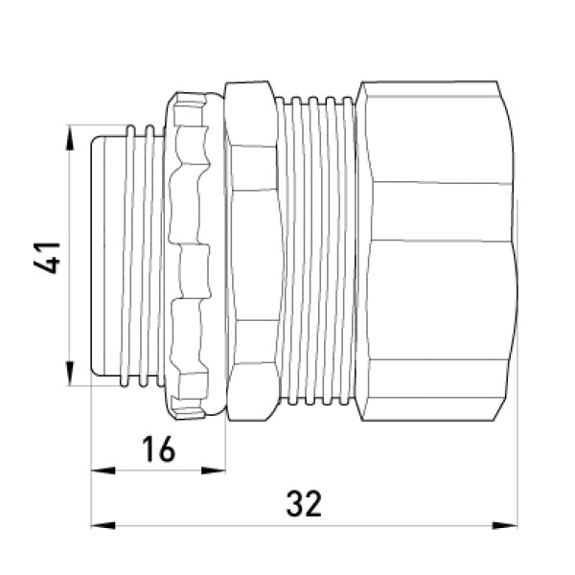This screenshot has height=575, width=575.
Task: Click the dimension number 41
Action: pos(47,258)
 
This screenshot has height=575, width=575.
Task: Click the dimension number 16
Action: pos(159,448)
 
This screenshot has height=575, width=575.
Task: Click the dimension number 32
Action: pos(304,504)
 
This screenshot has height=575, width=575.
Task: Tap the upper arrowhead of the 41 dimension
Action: pos(70,137)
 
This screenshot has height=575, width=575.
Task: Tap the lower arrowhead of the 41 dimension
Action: pos(70,373)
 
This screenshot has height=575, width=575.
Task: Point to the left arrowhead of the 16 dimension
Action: pos(103,471)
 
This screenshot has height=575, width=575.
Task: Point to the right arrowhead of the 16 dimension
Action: pos(213,471)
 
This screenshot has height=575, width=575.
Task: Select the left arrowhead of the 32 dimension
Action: pos(103,525)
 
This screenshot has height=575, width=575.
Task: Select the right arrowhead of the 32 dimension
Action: pos(505,525)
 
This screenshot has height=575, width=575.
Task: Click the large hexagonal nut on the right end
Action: pos(436,251)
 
